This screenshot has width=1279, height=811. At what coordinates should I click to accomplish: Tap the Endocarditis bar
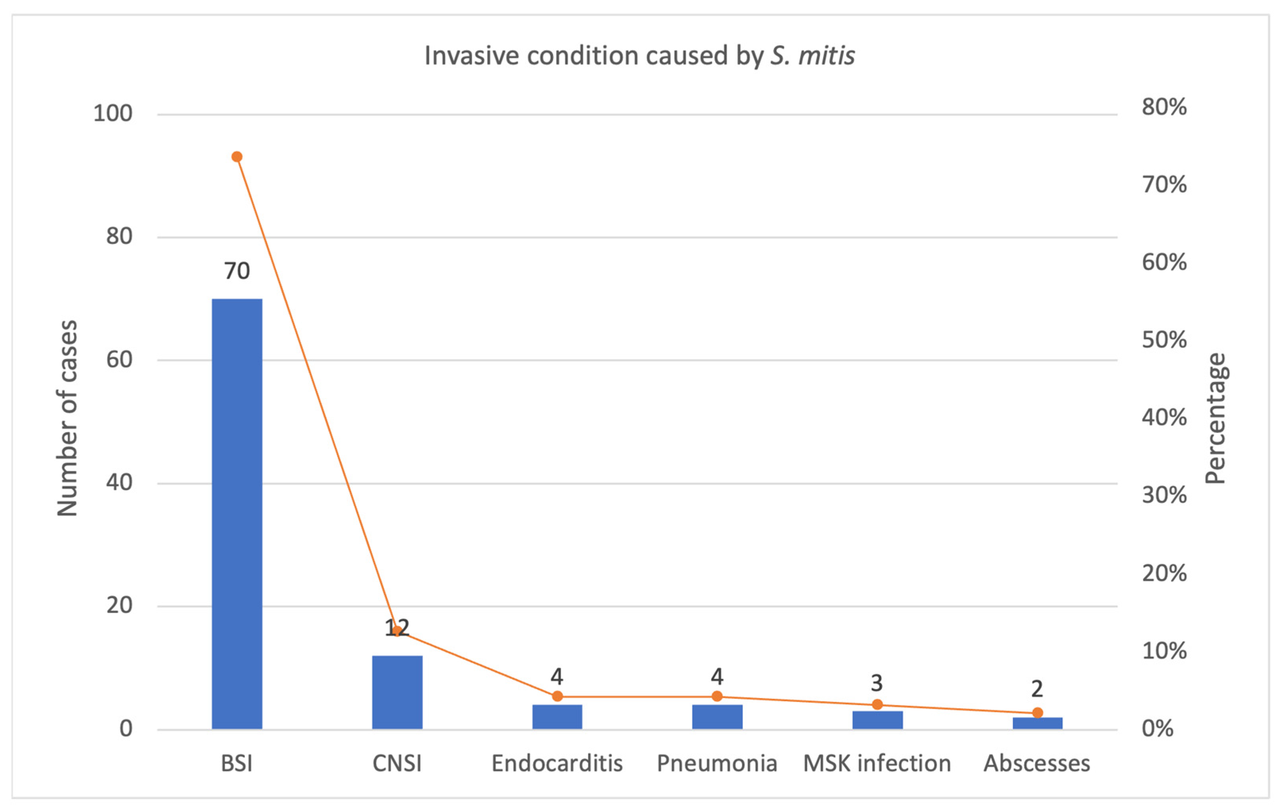tap(557, 717)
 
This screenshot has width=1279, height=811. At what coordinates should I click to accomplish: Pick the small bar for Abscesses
tap(1037, 723)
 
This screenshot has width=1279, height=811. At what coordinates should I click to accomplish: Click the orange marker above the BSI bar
tap(237, 157)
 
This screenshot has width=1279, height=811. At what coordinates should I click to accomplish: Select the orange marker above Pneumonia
tap(717, 696)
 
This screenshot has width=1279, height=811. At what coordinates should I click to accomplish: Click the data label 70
tap(237, 271)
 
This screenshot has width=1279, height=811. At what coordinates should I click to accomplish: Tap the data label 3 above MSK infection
tap(877, 683)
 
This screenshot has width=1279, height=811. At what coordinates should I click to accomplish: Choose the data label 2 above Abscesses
tap(1037, 689)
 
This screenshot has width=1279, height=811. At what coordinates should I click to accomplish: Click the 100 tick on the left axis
tap(113, 113)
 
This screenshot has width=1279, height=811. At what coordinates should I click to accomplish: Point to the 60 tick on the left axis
tap(119, 360)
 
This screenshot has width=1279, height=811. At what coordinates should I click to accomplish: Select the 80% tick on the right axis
tap(1164, 107)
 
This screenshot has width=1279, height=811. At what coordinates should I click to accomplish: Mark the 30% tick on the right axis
tap(1164, 495)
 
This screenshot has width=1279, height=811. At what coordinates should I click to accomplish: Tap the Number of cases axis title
tap(68, 418)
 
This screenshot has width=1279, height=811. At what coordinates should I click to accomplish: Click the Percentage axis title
tap(1215, 418)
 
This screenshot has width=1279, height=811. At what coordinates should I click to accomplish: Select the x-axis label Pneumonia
tap(717, 763)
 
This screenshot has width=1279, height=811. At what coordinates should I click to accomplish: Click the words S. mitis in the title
tap(813, 55)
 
